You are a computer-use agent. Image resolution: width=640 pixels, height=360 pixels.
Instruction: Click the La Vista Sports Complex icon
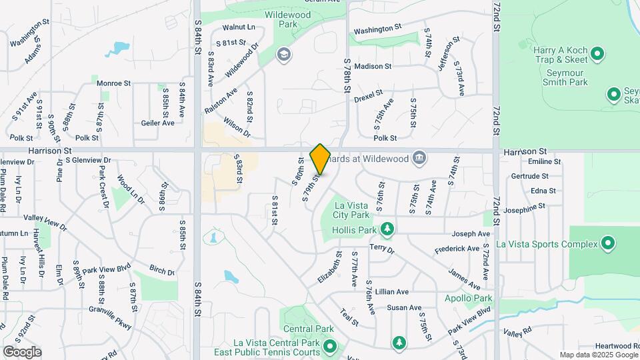(x=607, y=244)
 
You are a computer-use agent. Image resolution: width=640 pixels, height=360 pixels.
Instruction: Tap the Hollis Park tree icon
(x=387, y=230)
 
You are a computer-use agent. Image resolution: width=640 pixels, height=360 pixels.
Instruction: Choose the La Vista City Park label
(x=351, y=210)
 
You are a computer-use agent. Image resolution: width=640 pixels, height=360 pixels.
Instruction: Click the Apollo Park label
(x=469, y=298)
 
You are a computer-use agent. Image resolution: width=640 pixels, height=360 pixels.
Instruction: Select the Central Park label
(x=308, y=329)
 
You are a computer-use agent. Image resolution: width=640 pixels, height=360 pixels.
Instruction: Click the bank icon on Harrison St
(x=419, y=157)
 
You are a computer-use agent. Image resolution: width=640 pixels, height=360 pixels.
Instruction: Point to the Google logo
(x=22, y=351)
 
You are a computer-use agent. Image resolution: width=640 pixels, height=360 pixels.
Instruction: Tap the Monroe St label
(x=113, y=83)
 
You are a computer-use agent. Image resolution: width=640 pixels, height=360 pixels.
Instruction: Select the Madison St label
(x=373, y=66)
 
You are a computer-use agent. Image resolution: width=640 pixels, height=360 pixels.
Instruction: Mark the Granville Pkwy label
(x=111, y=314)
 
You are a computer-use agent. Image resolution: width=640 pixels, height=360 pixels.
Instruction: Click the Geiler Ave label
(x=157, y=123)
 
